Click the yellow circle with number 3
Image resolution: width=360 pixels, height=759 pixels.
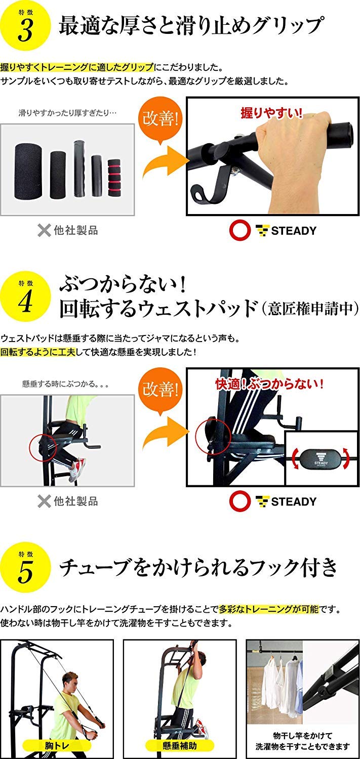click(x=25, y=25)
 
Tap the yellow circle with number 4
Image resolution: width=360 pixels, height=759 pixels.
click(x=25, y=296)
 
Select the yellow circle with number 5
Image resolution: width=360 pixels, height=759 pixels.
click(x=25, y=567)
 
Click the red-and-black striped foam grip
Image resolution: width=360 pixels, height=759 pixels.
click(x=114, y=178)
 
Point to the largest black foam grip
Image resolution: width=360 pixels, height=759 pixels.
click(x=28, y=171)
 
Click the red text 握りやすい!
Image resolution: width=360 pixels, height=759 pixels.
click(x=271, y=113)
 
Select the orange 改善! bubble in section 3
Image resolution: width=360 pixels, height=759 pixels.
click(x=160, y=119)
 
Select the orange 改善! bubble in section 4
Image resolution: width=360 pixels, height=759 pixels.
click(x=160, y=390)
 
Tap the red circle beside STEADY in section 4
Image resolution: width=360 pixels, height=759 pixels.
click(x=239, y=501)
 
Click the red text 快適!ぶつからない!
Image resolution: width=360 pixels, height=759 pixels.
click(x=269, y=384)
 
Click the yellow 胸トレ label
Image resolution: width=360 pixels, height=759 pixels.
click(x=57, y=745)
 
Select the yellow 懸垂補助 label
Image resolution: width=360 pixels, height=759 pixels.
click(x=180, y=745)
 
